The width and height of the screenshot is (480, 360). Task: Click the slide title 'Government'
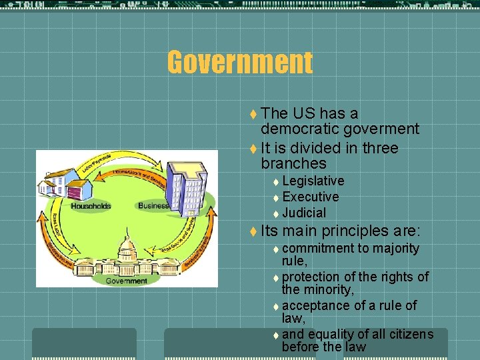239,63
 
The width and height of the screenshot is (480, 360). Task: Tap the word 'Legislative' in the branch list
313,181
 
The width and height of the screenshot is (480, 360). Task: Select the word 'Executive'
311,197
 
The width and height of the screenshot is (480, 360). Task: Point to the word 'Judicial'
304,213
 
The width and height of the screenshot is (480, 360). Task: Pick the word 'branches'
293,163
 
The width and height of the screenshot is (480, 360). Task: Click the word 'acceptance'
319,305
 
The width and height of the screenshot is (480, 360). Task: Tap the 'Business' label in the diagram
154,206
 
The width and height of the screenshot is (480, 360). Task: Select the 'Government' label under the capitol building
127,281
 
